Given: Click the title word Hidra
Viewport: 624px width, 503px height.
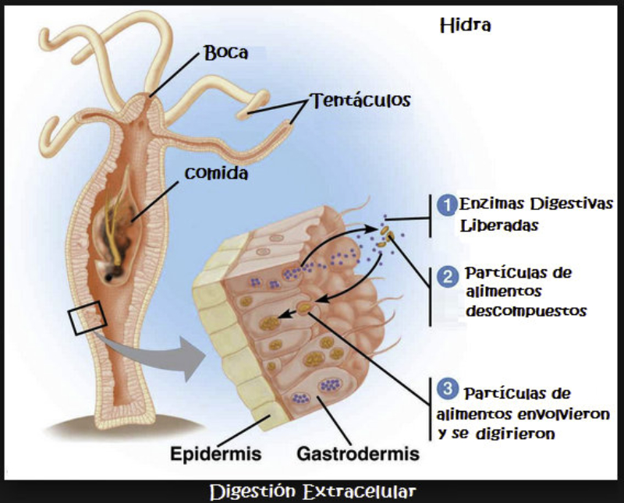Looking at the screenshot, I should click(x=465, y=27).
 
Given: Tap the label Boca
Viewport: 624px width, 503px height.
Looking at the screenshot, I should click(x=225, y=53).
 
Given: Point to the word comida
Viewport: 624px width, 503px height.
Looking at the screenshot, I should click(x=217, y=172).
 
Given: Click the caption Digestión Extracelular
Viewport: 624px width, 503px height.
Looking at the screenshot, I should click(x=312, y=492).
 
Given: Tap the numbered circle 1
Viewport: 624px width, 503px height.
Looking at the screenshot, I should click(x=447, y=205).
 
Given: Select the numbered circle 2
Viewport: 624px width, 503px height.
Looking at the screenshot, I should click(x=447, y=277).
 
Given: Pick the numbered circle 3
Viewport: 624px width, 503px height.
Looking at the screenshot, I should click(x=447, y=388).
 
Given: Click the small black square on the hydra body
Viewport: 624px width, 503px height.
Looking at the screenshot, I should click(x=85, y=320).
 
